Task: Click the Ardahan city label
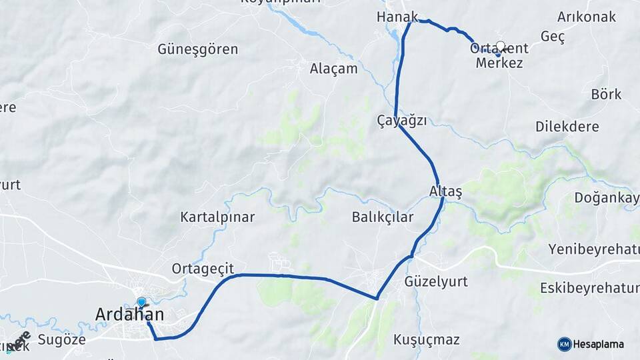click(x=129, y=314)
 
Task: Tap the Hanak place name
click(x=397, y=17)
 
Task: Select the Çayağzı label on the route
click(x=401, y=121)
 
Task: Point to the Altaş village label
click(x=445, y=192)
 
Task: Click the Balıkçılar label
click(x=383, y=217)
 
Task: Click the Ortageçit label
click(x=203, y=269)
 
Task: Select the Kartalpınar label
click(x=217, y=217)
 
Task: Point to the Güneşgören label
click(x=198, y=49)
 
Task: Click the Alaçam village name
click(x=333, y=69)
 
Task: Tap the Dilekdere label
click(x=567, y=127)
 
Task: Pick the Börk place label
click(x=606, y=94)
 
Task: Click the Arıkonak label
click(x=586, y=17)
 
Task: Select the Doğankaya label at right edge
click(x=607, y=197)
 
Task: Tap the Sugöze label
click(x=62, y=339)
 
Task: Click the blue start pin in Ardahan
click(x=141, y=303)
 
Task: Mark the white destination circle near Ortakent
click(x=501, y=47)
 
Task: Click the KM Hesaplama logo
click(x=591, y=344)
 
